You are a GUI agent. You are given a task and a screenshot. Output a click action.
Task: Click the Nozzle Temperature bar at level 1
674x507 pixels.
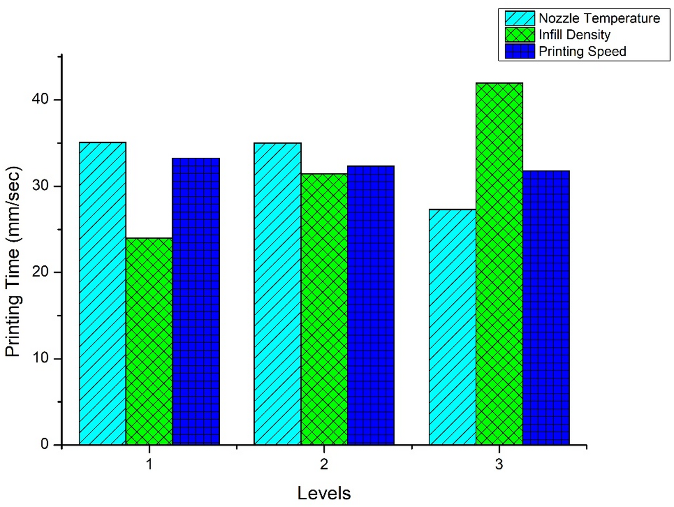pyautogui.click(x=102, y=293)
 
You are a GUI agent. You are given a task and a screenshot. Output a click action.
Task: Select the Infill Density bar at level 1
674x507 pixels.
pyautogui.click(x=149, y=341)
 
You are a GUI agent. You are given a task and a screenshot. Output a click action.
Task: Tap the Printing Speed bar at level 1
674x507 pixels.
pyautogui.click(x=196, y=301)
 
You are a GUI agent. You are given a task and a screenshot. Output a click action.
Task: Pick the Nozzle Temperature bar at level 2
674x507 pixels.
pyautogui.click(x=278, y=293)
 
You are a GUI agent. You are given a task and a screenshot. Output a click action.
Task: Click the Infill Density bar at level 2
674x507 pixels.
pyautogui.click(x=324, y=309)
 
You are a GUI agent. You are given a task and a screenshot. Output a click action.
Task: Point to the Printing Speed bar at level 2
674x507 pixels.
pyautogui.click(x=371, y=305)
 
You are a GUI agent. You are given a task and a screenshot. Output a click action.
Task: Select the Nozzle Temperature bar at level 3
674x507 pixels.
pyautogui.click(x=453, y=327)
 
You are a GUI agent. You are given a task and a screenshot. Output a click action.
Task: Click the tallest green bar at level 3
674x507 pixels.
pyautogui.click(x=499, y=263)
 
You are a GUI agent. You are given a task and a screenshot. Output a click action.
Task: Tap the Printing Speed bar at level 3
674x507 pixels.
pyautogui.click(x=546, y=307)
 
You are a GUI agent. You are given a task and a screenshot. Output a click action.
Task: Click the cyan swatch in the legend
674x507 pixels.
pyautogui.click(x=519, y=18)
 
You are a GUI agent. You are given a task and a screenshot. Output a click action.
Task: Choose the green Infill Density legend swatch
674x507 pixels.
pyautogui.click(x=519, y=35)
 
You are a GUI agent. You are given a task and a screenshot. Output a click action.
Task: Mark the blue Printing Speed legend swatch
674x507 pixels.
pyautogui.click(x=519, y=51)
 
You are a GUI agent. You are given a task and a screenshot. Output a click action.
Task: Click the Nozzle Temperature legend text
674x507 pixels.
pyautogui.click(x=599, y=18)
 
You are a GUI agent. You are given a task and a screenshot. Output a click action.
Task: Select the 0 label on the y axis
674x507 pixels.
pyautogui.click(x=45, y=445)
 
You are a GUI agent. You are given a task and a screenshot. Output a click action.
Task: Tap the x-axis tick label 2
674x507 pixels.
pyautogui.click(x=324, y=464)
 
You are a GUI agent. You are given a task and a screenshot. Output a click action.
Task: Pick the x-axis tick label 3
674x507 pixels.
pyautogui.click(x=499, y=464)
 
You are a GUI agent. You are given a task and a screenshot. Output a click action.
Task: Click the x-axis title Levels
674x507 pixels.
pyautogui.click(x=324, y=493)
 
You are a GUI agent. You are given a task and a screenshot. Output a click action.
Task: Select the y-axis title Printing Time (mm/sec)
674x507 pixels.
pyautogui.click(x=13, y=261)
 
